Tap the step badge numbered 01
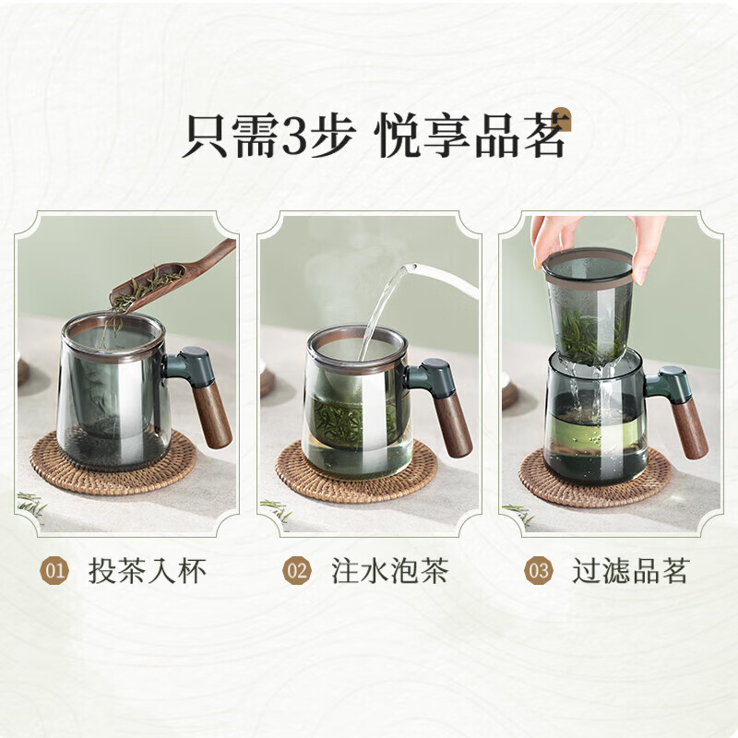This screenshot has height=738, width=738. (x=54, y=571)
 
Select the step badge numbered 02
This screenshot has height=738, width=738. (x=297, y=571)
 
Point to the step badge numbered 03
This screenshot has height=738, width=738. (x=539, y=571)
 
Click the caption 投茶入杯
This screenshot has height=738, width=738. (x=148, y=571)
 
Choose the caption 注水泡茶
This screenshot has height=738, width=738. (x=389, y=571)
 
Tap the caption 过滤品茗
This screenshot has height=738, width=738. (x=631, y=571)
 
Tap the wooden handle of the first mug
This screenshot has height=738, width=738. (x=212, y=416)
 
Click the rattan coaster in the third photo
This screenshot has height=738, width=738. (x=595, y=477)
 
